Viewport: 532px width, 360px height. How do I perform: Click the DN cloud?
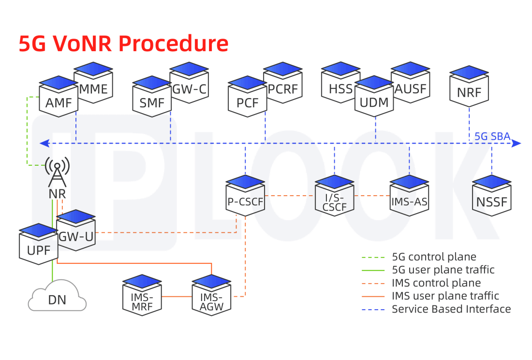[x=57, y=297]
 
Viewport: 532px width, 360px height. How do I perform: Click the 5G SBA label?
[x=492, y=136]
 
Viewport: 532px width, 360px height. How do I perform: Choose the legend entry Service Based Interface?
[x=451, y=309]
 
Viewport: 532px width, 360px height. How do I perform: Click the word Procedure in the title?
[x=173, y=43]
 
